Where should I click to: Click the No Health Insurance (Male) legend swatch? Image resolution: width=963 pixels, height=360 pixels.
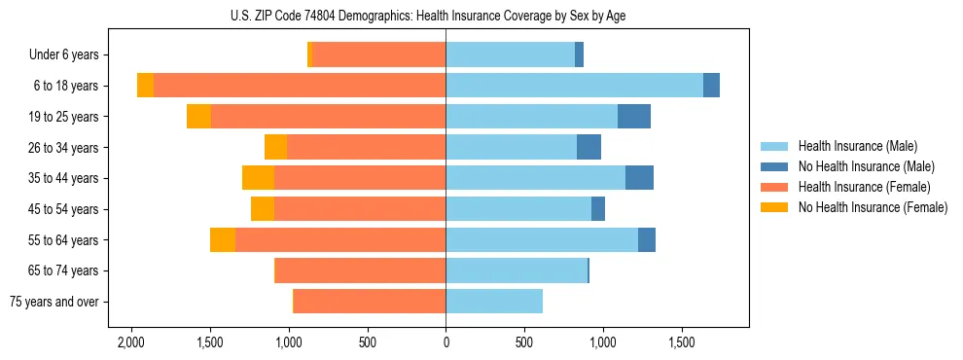tap(774, 166)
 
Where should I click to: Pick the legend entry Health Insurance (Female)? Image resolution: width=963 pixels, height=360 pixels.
tap(864, 187)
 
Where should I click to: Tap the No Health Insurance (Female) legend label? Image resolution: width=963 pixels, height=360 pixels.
tap(873, 207)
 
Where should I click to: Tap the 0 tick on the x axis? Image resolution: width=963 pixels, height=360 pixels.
tap(446, 343)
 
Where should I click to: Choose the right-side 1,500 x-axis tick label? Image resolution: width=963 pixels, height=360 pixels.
tap(682, 343)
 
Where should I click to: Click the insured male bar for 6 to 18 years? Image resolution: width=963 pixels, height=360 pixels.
tap(574, 86)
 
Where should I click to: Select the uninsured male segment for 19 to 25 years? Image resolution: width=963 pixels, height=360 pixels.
tap(634, 117)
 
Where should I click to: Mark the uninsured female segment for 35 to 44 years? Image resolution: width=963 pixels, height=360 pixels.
tap(258, 178)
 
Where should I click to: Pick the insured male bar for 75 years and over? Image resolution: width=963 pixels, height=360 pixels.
tap(494, 302)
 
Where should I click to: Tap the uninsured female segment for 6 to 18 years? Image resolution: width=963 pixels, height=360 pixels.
tap(145, 86)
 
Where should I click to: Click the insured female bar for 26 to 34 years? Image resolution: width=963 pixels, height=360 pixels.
tap(366, 147)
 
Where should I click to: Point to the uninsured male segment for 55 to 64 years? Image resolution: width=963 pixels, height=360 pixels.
tap(647, 240)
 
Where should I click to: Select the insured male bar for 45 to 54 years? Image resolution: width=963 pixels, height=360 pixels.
tap(518, 209)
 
